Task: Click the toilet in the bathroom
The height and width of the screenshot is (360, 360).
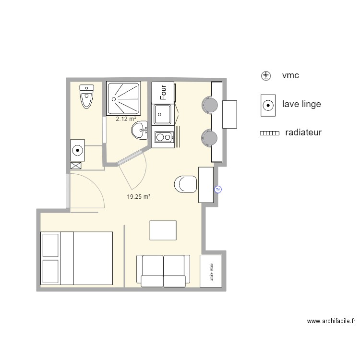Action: pyautogui.click(x=86, y=96)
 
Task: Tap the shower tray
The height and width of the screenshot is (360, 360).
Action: pyautogui.click(x=124, y=98)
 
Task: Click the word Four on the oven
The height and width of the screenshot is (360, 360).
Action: pyautogui.click(x=164, y=92)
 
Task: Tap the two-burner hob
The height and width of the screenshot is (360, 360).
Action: pyautogui.click(x=164, y=138)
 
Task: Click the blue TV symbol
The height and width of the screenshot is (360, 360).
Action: pyautogui.click(x=218, y=190)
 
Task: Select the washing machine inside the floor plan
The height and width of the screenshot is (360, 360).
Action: pyautogui.click(x=77, y=150)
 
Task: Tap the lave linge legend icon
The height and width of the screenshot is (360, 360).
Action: pyautogui.click(x=268, y=105)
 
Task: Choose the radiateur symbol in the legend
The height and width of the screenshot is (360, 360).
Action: pyautogui.click(x=269, y=133)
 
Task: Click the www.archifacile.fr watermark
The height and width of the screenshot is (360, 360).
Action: pyautogui.click(x=331, y=321)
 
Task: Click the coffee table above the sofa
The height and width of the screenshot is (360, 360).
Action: pyautogui.click(x=163, y=230)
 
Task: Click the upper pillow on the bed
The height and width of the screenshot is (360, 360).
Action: pyautogui.click(x=50, y=245)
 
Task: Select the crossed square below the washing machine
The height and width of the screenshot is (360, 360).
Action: pyautogui.click(x=76, y=166)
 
